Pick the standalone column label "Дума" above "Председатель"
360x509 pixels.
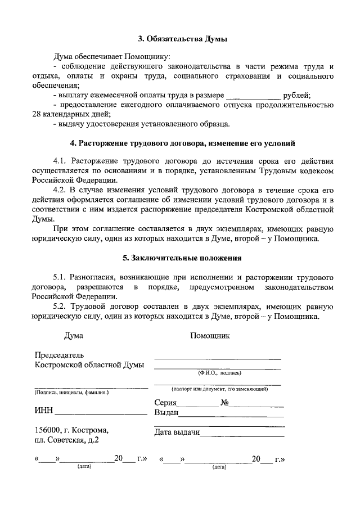74,336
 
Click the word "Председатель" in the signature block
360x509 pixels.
59,355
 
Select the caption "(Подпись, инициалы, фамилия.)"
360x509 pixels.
71,393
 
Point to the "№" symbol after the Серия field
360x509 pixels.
224,403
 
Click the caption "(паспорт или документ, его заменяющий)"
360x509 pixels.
219,389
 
